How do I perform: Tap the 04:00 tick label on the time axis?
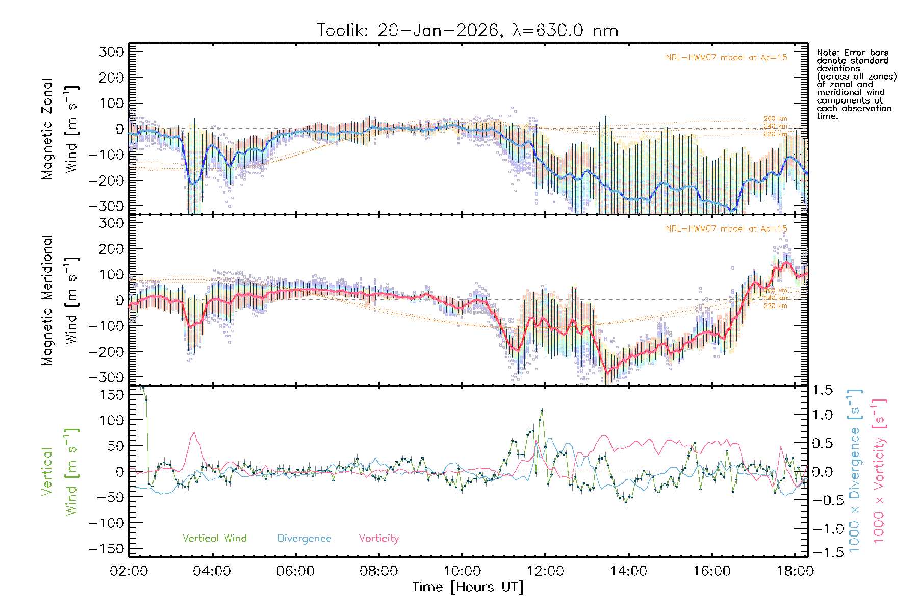pos(212,571)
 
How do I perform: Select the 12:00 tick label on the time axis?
pos(545,571)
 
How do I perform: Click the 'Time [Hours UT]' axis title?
pos(468,588)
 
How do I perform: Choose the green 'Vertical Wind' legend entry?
pos(214,539)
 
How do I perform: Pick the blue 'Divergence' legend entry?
pos(304,539)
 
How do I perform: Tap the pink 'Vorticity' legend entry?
pos(378,539)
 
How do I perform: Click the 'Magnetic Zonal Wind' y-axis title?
pos(60,129)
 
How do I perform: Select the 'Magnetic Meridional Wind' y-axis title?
pos(60,300)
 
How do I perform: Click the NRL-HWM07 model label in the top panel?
pos(726,58)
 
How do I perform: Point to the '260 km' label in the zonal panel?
pos(775,119)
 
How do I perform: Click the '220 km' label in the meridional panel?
pos(775,306)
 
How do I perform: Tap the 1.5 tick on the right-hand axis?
pos(823,390)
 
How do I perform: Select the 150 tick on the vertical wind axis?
pos(112,395)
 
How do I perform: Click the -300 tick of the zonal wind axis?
pos(106,206)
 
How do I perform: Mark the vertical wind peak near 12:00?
pos(542,410)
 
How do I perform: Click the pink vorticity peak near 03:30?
pos(194,433)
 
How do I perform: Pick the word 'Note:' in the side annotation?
pos(827,53)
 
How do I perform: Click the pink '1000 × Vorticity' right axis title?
pos(879,470)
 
